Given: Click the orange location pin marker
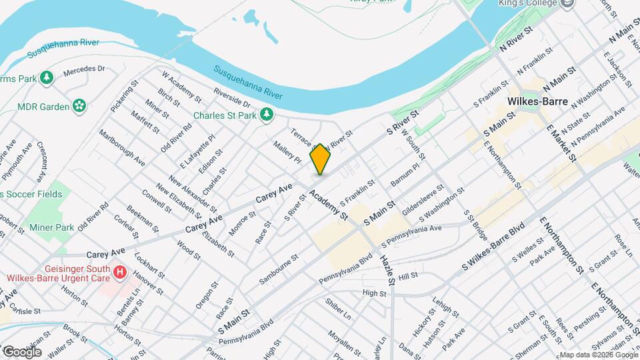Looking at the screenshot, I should point(320,159).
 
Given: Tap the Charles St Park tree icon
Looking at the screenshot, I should point(267,115).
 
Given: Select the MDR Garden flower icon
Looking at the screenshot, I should point(79,105).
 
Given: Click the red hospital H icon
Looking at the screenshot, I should point(120,272).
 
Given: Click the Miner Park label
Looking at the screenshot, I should point(55,227).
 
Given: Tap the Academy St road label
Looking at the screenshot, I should point(329,205).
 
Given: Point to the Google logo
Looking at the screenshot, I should point(21,351).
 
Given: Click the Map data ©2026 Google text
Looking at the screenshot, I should point(598,355).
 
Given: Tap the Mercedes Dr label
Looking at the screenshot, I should point(85,69).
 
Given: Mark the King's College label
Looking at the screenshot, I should point(526,3).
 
